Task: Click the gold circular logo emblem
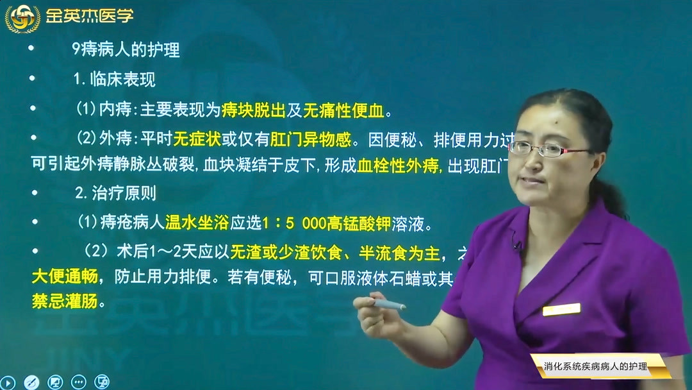pyautogui.click(x=22, y=17)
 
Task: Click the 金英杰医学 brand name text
pyautogui.click(x=90, y=16)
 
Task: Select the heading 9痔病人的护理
pyautogui.click(x=126, y=51)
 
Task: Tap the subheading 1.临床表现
pyautogui.click(x=115, y=80)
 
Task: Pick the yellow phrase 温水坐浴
pyautogui.click(x=197, y=223)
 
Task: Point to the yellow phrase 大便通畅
pyautogui.click(x=64, y=277)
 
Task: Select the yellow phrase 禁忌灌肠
pyautogui.click(x=64, y=301)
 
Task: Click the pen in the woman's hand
pyautogui.click(x=389, y=305)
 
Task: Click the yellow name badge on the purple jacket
pyautogui.click(x=561, y=309)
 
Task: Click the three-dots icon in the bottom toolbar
pyautogui.click(x=78, y=382)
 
